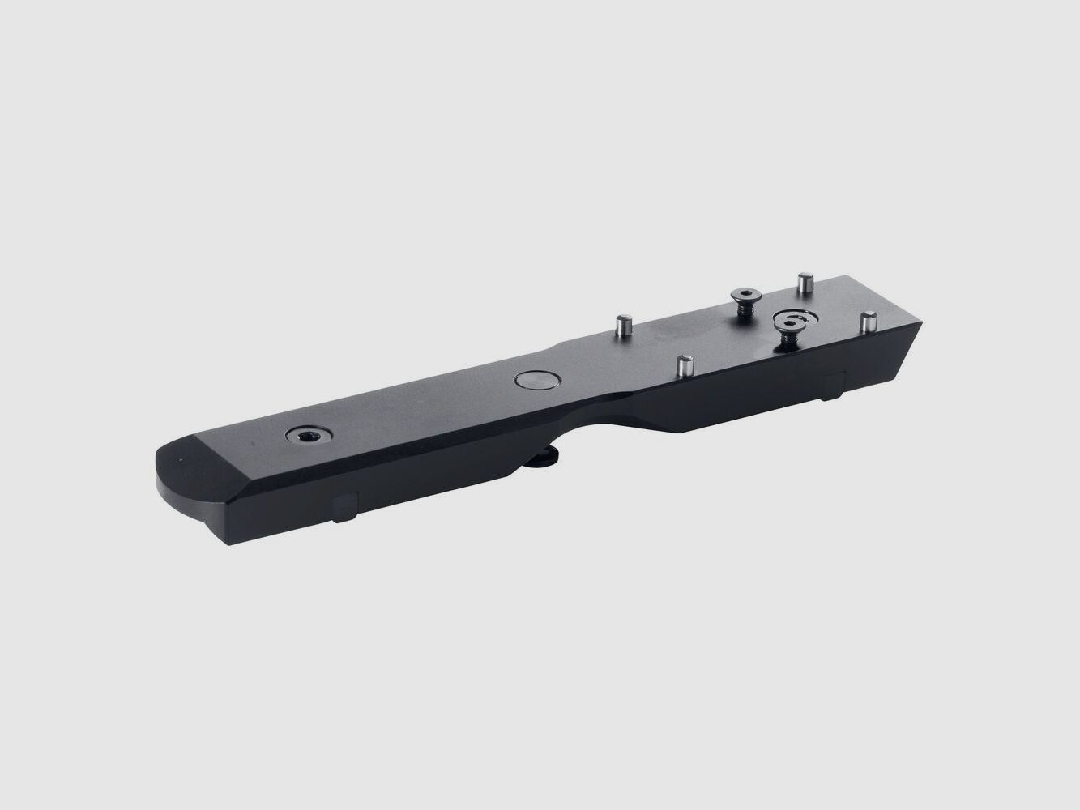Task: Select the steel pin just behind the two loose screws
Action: [805, 284]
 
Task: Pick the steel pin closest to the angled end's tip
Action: [869, 320]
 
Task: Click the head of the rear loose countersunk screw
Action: [744, 294]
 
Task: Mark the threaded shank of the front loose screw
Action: [788, 340]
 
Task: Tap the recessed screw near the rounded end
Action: [309, 437]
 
